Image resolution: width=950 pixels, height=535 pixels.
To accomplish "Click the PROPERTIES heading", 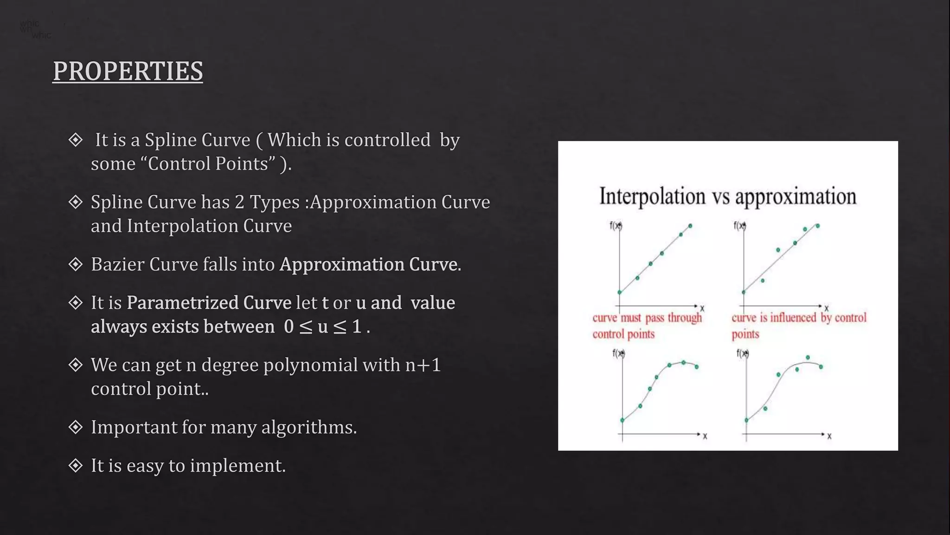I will pos(128,71).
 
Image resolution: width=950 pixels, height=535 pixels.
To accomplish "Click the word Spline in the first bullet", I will pos(173,140).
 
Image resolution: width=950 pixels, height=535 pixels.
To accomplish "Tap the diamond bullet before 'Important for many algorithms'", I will pos(75,427).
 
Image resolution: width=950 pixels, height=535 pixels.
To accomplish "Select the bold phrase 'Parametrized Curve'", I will pos(209,302).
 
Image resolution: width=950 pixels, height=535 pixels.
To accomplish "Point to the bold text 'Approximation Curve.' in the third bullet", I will pos(370,264).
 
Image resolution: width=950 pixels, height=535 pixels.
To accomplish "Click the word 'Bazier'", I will pos(117,264).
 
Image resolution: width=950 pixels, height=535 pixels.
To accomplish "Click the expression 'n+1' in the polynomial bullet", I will pos(423,365).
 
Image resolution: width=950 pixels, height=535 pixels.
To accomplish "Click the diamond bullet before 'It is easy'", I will pos(75,465).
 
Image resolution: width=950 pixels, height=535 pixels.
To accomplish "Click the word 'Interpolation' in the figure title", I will pos(652,196).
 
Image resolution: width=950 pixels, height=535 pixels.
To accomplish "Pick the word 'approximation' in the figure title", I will pos(796,196).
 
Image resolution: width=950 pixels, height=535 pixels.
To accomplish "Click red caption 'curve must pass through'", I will pos(647,318).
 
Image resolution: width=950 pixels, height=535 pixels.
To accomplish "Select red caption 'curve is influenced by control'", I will pos(799,318).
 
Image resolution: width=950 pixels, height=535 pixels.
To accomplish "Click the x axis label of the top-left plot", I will pos(702,308).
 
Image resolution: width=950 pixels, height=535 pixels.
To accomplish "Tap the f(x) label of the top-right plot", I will pos(739,226).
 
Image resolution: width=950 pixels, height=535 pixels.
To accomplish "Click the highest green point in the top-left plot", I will pos(690,226).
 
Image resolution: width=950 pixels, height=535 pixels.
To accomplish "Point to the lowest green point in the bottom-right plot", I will pos(746,420).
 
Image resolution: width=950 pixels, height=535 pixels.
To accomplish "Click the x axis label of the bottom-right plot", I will pos(829,436).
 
